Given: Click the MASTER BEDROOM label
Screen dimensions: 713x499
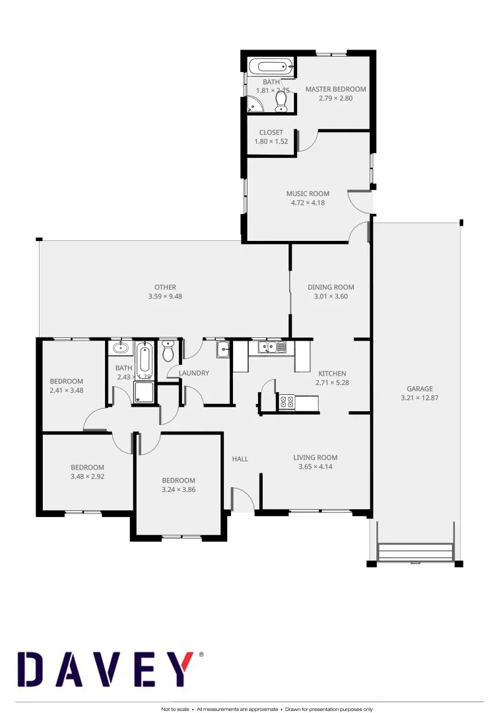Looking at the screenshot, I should click(x=335, y=89).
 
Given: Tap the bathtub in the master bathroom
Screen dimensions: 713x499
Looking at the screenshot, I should click(x=271, y=67).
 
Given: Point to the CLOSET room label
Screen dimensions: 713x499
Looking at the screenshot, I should click(x=271, y=133).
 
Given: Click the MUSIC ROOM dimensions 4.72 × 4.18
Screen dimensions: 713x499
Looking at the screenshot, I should click(x=308, y=203).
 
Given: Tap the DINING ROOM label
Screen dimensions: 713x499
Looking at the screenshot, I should click(x=331, y=287).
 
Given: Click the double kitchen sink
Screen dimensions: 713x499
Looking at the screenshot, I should click(x=272, y=347).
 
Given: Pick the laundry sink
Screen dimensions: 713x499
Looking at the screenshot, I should click(x=222, y=349).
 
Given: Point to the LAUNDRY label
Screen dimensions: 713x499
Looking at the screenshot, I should click(x=194, y=373).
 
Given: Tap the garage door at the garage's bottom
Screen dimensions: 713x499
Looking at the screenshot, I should click(x=415, y=551).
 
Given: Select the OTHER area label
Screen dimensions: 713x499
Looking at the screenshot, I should click(x=165, y=287).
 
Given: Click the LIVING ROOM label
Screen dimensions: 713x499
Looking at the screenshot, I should click(x=316, y=458).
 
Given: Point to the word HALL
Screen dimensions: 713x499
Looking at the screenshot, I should click(x=240, y=459).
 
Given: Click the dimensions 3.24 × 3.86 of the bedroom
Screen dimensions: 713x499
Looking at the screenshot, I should click(x=178, y=490).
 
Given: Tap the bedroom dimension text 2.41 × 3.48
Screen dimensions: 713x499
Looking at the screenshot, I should click(x=67, y=390).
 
